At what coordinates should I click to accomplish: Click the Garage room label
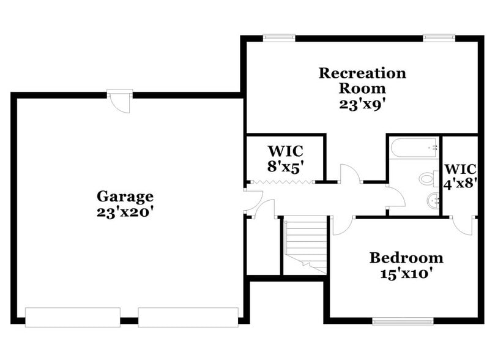[x=125, y=197]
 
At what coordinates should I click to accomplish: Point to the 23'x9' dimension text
[x=362, y=103]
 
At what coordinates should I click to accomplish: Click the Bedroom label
[x=406, y=257]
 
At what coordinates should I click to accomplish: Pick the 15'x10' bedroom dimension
[x=406, y=273]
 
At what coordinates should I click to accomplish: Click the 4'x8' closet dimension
[x=460, y=183]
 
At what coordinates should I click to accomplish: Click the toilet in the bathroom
[x=426, y=179]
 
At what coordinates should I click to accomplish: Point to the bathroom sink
[x=433, y=199]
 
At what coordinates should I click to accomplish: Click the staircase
[x=306, y=245]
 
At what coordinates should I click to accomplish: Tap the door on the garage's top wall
[x=120, y=100]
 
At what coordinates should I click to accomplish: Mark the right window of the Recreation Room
[x=439, y=38]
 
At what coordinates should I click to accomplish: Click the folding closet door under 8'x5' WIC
[x=284, y=182]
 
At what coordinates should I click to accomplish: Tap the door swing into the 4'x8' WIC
[x=464, y=223]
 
